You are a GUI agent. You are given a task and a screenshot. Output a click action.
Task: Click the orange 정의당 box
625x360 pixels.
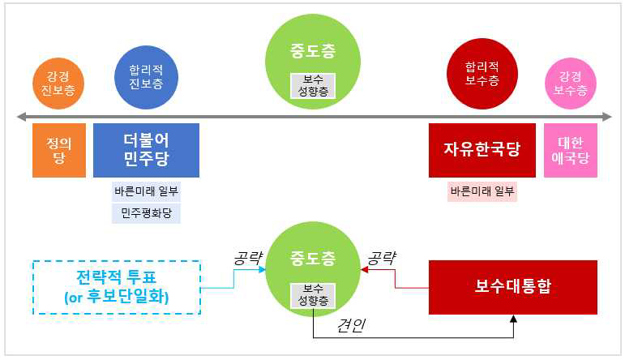pos(58,150)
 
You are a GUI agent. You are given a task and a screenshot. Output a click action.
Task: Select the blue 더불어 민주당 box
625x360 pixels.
pos(146,150)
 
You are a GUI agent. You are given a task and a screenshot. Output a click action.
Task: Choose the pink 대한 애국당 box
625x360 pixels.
pos(571,150)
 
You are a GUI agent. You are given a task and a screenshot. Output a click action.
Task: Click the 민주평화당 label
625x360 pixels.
pos(146,213)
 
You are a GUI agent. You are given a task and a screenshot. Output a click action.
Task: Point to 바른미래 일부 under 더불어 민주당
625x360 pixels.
pos(146,191)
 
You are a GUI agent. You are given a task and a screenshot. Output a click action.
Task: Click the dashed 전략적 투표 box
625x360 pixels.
pos(116,287)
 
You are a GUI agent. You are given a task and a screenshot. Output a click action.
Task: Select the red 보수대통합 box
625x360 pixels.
pos(512,287)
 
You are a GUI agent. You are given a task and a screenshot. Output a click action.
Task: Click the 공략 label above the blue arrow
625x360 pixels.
pos(247,259)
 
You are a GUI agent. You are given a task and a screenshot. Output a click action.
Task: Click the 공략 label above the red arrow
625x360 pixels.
pos(382,259)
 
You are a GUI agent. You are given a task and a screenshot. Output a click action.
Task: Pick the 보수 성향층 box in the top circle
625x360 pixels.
pos(312,86)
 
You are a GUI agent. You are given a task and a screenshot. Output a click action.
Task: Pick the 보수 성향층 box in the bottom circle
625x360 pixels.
pos(312,294)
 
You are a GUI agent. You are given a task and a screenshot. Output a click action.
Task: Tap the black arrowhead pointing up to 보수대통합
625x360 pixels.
pos(512,319)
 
